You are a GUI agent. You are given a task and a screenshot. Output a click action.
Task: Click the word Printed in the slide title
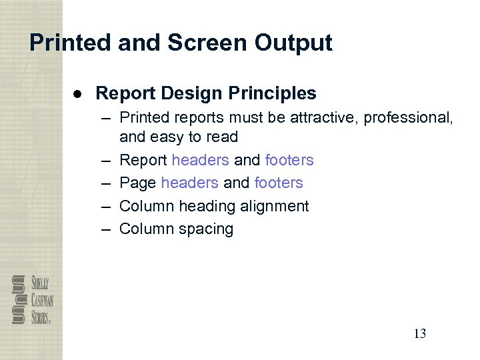point(70,43)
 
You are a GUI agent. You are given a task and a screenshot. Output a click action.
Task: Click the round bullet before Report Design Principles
point(77,93)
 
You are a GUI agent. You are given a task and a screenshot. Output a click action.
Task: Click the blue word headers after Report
point(200,160)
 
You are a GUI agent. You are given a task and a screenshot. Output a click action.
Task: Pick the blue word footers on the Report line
point(289,160)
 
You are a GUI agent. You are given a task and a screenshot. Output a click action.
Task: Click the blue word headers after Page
point(189,183)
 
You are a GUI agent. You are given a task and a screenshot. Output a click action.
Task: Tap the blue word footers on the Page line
point(279,183)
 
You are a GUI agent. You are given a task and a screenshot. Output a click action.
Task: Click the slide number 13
point(419,334)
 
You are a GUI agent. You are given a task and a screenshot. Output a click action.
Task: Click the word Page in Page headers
point(137,183)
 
